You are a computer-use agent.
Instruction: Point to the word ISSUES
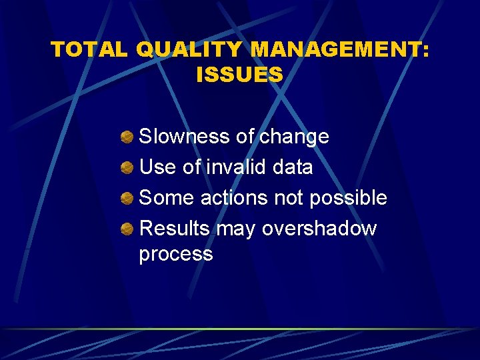coord(240,75)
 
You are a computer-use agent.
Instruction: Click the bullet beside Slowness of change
coord(127,137)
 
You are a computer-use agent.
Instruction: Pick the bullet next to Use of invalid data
coord(127,167)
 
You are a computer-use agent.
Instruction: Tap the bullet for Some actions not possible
coord(127,198)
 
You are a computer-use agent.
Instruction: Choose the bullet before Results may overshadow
coord(127,229)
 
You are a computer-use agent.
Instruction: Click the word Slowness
coord(185,137)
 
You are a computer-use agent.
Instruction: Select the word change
coord(294,137)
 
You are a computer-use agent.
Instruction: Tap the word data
coord(293,167)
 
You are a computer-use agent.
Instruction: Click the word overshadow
coord(319,229)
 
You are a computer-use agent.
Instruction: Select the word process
coord(176,255)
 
